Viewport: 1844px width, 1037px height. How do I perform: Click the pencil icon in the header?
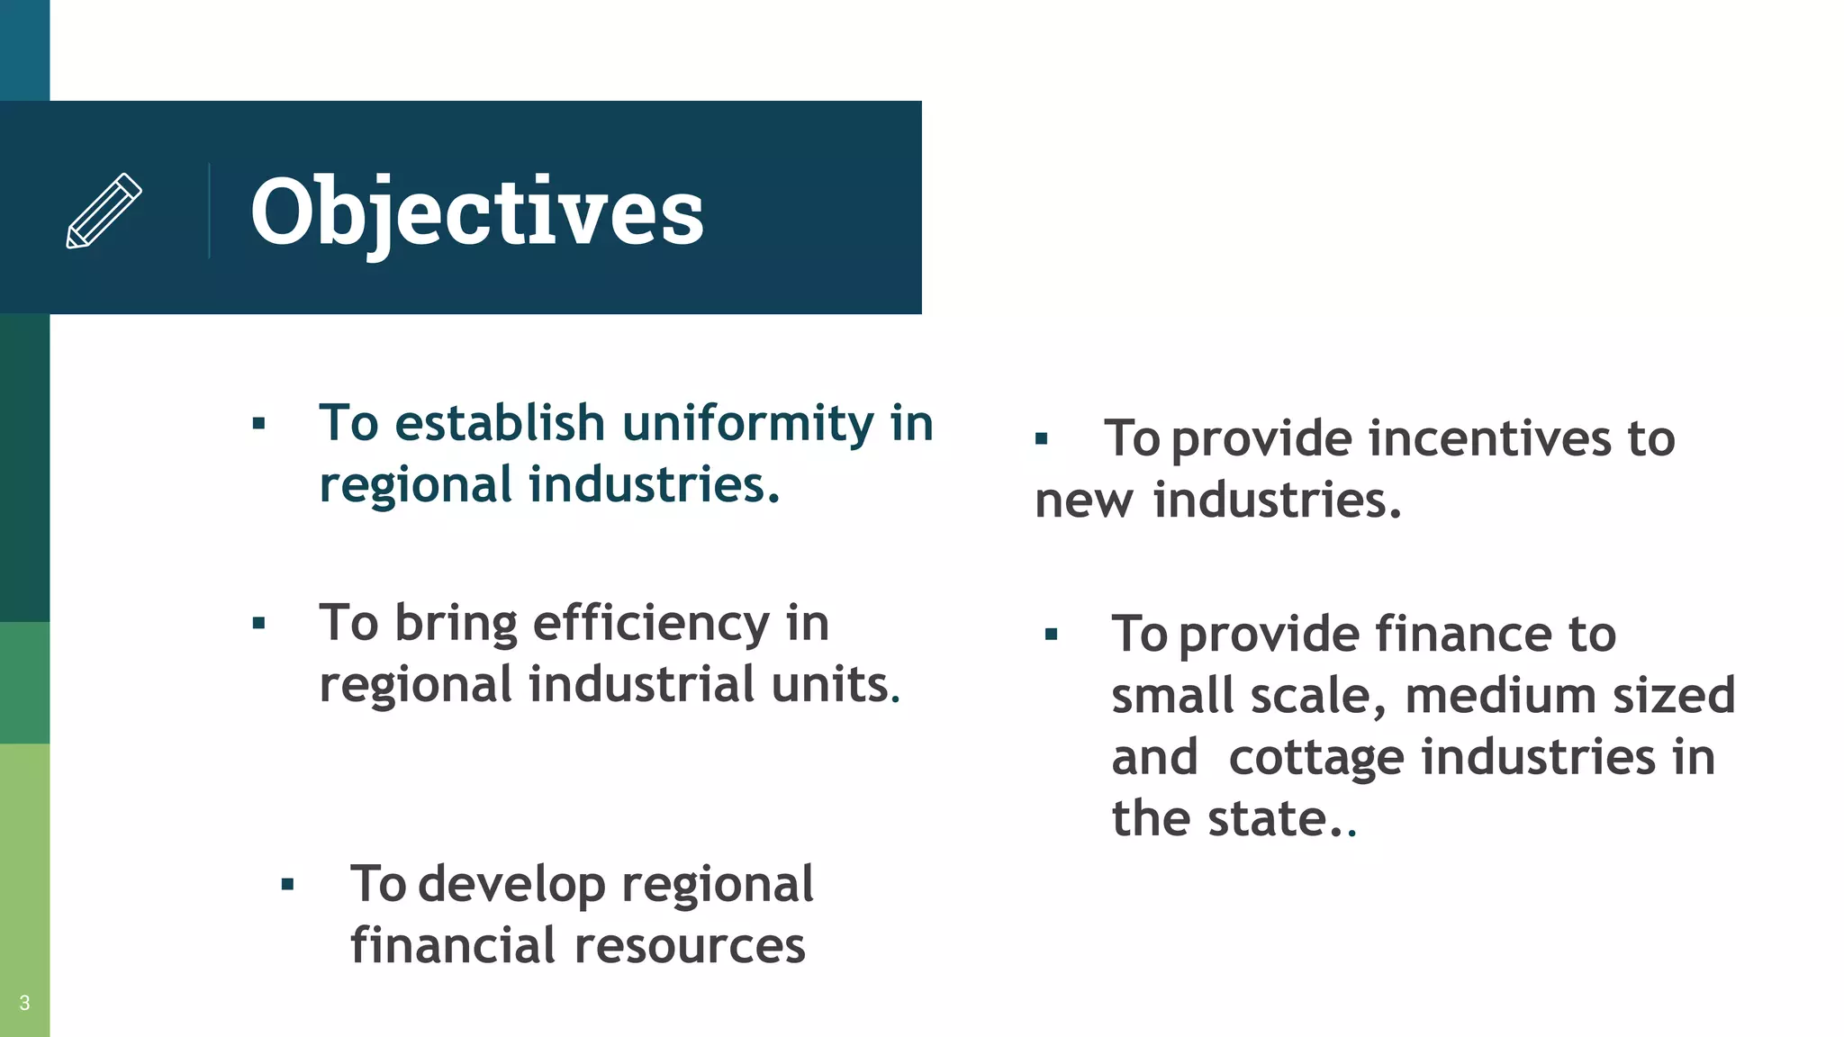coord(104,211)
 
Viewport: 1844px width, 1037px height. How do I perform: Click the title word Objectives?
coord(477,212)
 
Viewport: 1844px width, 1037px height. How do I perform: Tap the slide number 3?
coord(24,1003)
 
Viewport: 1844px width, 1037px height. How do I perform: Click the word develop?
coord(511,884)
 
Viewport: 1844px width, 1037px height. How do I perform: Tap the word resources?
coord(690,945)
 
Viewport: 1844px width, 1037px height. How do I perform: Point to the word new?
coord(1084,500)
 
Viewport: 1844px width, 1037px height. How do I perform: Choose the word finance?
coord(1463,635)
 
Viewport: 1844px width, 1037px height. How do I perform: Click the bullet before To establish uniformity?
coord(259,423)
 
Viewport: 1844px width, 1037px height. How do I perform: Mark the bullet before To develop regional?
coord(288,884)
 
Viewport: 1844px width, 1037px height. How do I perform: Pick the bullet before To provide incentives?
coord(1042,439)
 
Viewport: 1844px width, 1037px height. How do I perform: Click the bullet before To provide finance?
coord(1051,635)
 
